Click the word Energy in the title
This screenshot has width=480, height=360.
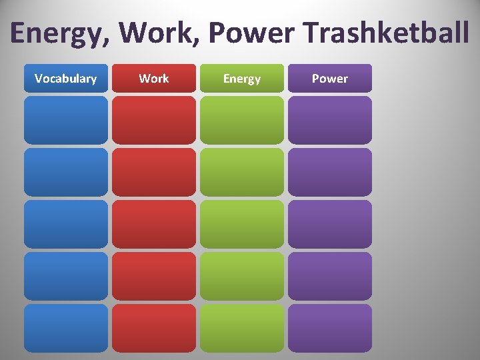[56, 33]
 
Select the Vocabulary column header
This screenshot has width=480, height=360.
[65, 79]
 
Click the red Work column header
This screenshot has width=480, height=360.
[153, 79]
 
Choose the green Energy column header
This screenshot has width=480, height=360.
[241, 79]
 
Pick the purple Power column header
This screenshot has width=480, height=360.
[329, 79]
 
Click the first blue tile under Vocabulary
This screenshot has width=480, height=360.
[65, 120]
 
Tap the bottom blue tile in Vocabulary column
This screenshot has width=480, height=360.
[65, 328]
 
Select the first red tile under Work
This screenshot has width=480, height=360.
[153, 120]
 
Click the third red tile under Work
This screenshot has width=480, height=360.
[153, 224]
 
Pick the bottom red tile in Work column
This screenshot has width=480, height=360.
[153, 328]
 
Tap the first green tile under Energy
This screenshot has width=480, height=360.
[241, 120]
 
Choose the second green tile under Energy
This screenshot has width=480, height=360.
[241, 172]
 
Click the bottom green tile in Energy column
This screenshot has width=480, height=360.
[241, 328]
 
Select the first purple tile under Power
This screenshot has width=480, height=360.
[329, 120]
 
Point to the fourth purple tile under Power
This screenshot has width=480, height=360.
[329, 276]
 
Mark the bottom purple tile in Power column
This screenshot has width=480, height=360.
[329, 328]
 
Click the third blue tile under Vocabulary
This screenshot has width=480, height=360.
[65, 224]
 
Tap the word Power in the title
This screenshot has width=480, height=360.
[247, 33]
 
